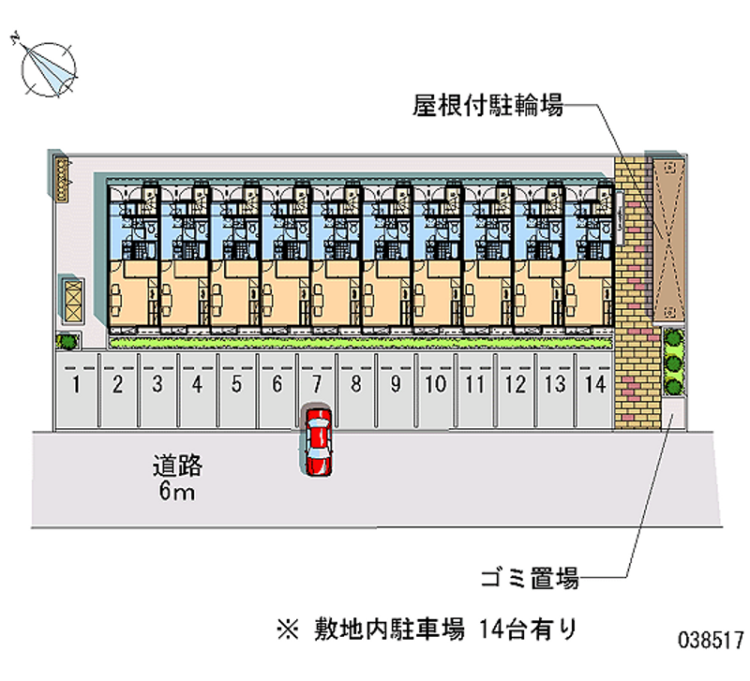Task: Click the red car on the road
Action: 318,442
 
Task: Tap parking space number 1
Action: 78,383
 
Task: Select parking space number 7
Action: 317,383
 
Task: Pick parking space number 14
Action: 593,383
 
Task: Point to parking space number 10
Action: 435,383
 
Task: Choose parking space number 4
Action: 198,383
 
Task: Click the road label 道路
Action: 178,466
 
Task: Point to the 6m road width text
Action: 177,492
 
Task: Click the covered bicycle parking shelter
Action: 668,236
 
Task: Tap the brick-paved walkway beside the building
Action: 635,290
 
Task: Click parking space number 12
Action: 514,383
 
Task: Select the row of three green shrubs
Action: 672,362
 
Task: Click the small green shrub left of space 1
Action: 65,341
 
